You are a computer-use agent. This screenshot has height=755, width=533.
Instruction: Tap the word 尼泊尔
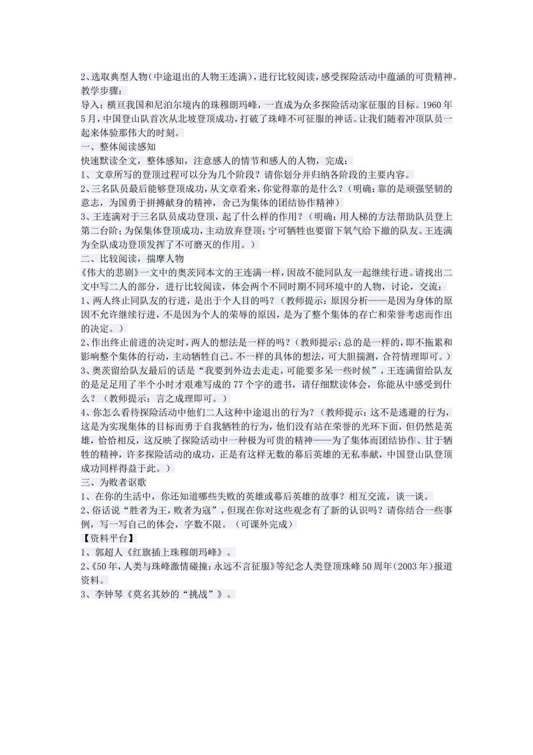(x=168, y=105)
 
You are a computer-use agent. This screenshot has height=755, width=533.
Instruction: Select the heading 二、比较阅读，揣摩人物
(x=132, y=258)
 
